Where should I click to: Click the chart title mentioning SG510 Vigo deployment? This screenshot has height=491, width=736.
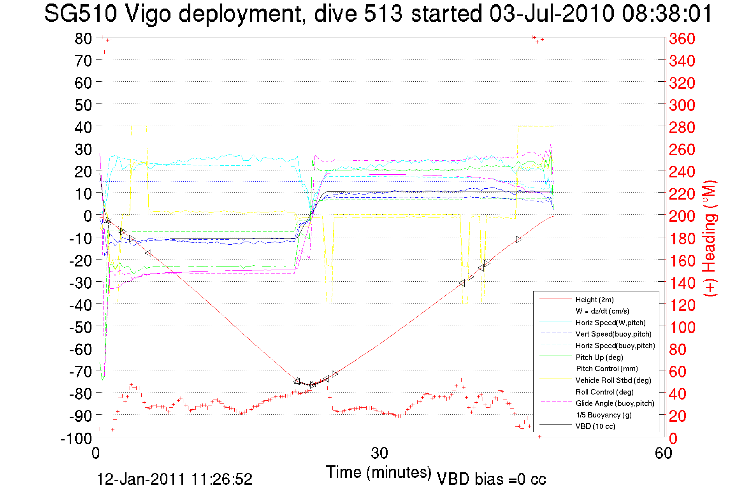coord(378,14)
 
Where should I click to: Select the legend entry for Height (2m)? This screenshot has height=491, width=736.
coord(594,300)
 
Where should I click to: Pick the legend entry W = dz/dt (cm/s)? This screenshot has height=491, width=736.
coord(602,311)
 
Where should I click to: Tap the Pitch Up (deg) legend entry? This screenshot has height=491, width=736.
coord(599,357)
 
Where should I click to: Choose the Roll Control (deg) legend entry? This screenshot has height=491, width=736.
coord(604,392)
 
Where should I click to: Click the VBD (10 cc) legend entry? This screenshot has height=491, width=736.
coord(595,426)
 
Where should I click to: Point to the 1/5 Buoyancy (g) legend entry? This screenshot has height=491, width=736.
coord(603,415)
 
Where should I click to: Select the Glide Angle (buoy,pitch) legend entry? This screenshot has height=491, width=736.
coord(615,403)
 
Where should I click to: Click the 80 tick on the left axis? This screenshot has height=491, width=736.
coord(83,39)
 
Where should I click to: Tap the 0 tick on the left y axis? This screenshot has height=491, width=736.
coord(88,216)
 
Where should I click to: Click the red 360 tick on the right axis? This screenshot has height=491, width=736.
coord(682,39)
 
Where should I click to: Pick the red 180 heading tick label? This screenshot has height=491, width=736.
coord(682,238)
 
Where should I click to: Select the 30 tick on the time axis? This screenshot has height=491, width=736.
coord(379,453)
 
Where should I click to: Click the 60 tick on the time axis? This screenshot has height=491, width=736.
coord(663,453)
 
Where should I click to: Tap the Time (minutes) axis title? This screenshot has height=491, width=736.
coord(378,472)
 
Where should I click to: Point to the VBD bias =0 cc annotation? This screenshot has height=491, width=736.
coord(491,479)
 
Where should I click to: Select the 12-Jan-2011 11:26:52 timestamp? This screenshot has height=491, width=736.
coord(174,479)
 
